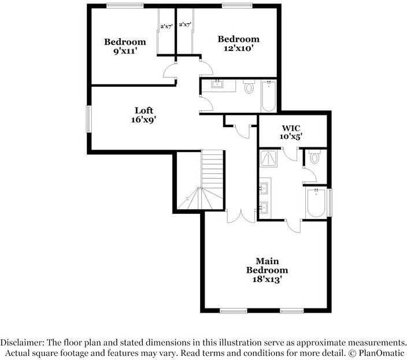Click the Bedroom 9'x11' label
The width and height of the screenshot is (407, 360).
point(124,46)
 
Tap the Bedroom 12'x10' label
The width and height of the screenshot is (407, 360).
point(238,43)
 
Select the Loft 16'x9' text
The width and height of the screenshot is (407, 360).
point(145,115)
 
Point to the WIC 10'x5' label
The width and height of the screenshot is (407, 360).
point(292,132)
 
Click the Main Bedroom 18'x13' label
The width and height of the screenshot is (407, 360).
point(267,270)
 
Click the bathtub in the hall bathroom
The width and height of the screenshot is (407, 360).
point(269,96)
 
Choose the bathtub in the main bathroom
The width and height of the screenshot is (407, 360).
point(316,203)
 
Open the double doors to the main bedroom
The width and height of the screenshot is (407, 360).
point(240,215)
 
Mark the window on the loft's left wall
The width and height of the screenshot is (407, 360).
point(88,118)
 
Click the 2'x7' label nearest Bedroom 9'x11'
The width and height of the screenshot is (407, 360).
point(166,25)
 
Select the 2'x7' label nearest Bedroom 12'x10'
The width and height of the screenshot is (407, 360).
point(185,25)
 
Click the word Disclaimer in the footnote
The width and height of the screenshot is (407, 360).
point(27,342)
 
